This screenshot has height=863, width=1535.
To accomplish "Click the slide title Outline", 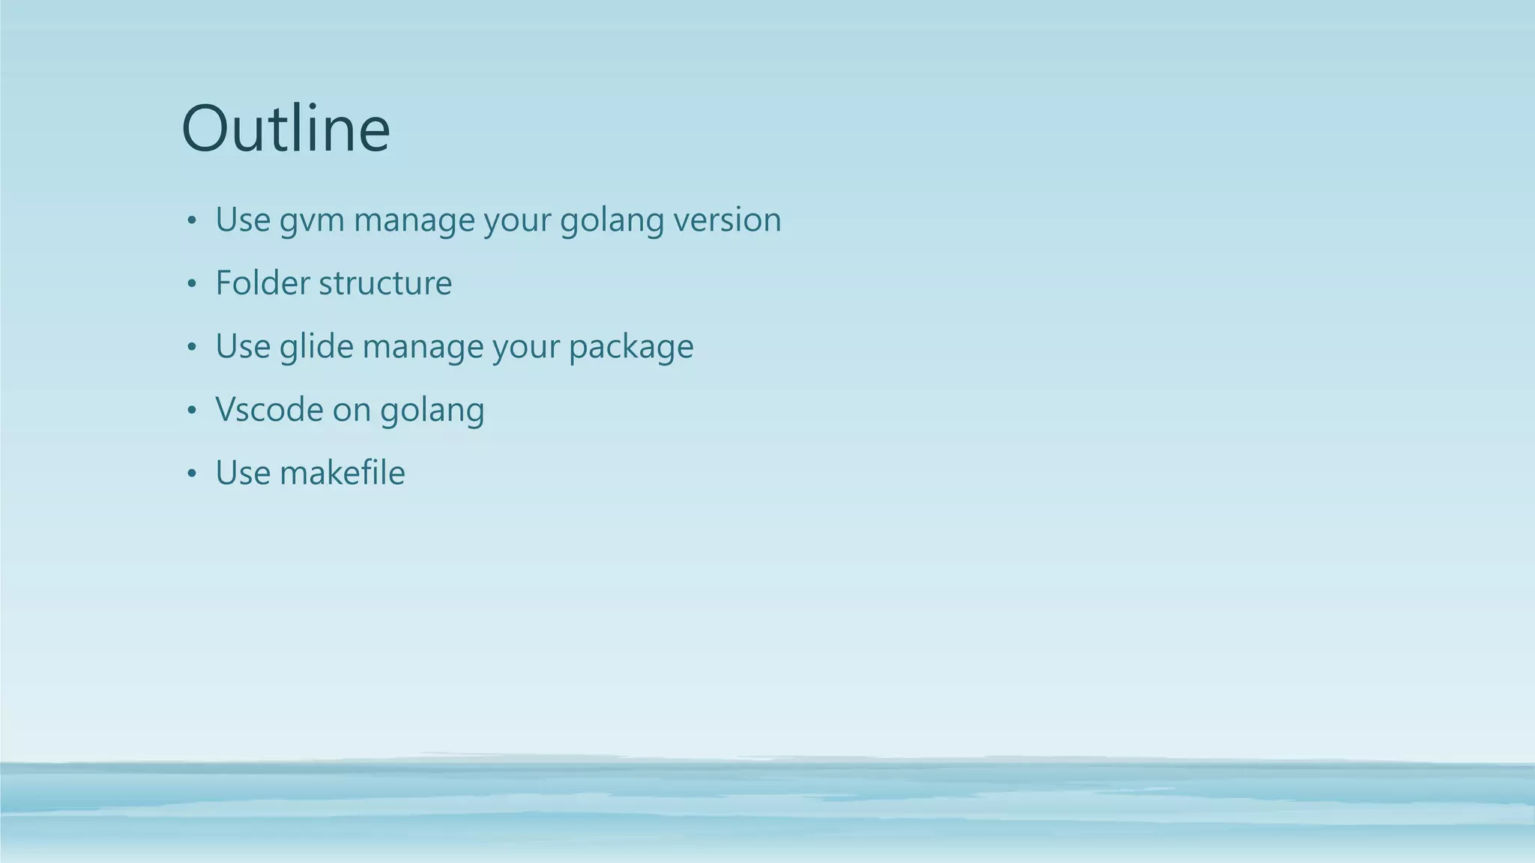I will (x=286, y=129).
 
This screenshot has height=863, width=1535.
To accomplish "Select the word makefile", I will (x=343, y=473).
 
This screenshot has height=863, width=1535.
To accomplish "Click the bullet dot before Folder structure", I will (x=192, y=284).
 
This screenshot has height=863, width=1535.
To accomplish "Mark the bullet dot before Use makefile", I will (x=192, y=473).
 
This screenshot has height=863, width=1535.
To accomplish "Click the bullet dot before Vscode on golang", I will (x=192, y=411).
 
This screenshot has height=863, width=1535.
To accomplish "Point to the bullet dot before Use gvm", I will (x=192, y=221).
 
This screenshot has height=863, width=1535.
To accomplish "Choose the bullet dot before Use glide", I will (x=192, y=347).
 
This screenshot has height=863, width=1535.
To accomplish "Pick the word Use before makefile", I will (x=243, y=473).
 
